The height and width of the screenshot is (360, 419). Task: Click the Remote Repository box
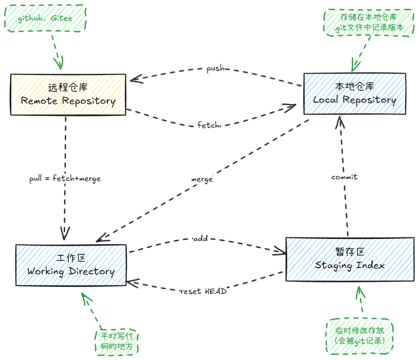(68, 94)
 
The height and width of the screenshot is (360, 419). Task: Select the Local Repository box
(355, 94)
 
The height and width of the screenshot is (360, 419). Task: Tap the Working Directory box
(71, 266)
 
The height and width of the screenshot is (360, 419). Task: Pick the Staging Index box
(350, 259)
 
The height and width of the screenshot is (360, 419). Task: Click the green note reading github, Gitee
(45, 18)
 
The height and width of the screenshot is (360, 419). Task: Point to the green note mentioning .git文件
(368, 23)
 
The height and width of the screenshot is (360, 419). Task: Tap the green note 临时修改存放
(360, 335)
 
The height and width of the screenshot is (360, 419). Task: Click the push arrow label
(215, 68)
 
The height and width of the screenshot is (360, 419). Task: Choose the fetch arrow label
(208, 125)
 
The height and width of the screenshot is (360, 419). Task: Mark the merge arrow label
(201, 179)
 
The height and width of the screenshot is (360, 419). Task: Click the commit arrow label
(344, 177)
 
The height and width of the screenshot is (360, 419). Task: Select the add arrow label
(200, 238)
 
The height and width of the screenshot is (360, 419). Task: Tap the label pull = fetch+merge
(65, 178)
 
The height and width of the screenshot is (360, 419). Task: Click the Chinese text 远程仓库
(68, 87)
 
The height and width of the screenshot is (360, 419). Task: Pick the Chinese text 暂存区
(350, 252)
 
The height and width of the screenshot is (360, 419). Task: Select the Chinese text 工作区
(71, 258)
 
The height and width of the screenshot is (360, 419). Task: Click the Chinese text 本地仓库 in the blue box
(355, 86)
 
